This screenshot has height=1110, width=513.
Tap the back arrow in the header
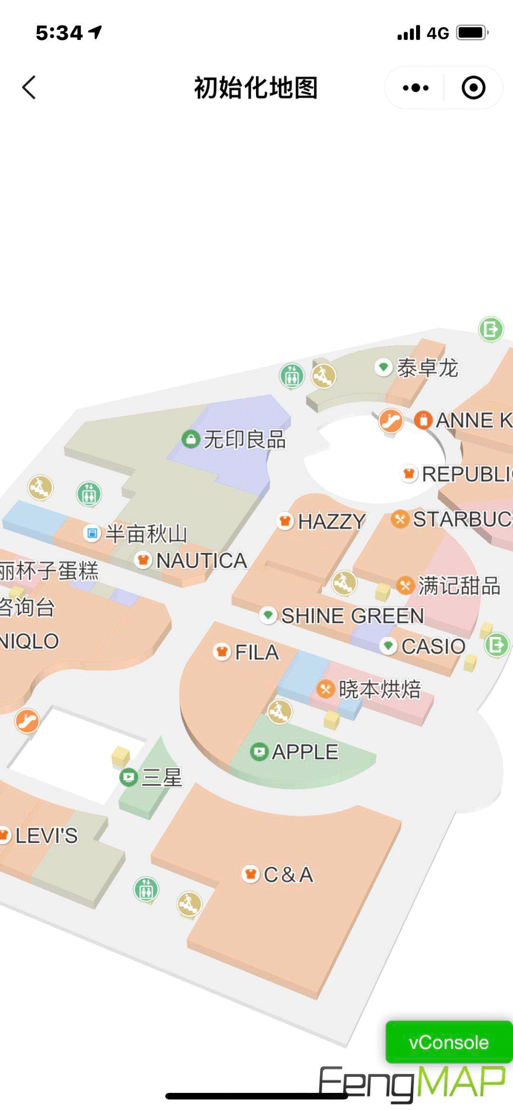29,88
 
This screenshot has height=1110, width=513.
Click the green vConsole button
448,1042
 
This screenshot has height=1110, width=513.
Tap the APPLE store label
304,751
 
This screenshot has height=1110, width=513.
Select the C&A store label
288,874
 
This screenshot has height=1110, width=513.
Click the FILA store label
256,652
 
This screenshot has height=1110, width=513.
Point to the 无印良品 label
244,439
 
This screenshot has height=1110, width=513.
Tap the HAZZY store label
331,522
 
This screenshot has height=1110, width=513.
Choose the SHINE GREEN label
352,616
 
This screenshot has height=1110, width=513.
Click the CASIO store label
433,646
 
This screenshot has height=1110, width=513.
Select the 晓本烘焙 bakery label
379,689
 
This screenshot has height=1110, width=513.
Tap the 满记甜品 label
458,585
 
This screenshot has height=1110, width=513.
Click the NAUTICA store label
201,561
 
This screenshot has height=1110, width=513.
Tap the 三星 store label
161,778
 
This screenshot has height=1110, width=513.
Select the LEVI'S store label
46,835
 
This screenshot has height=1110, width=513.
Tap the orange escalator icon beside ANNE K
391,420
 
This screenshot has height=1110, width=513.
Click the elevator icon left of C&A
146,889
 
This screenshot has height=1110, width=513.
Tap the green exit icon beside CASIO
496,645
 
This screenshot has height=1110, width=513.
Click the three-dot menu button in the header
416,88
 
